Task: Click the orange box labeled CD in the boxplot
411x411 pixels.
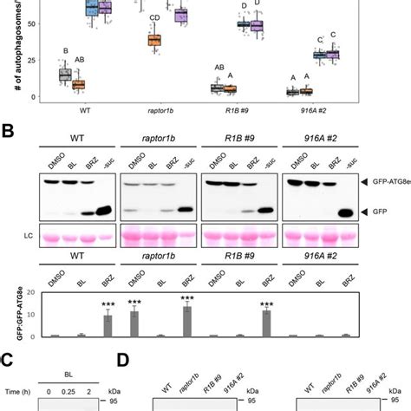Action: [x=154, y=40]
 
